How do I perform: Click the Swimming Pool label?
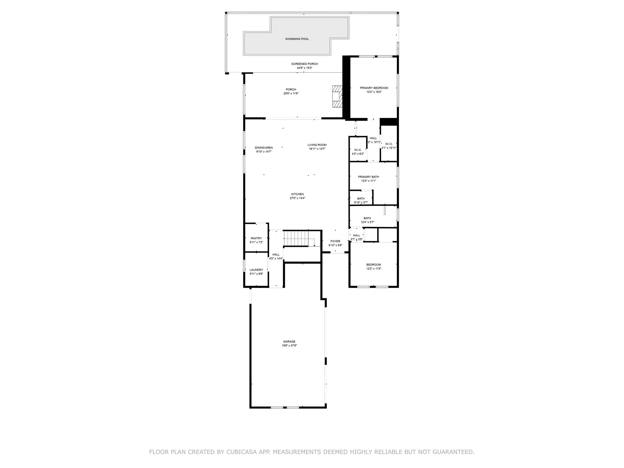(x=297, y=39)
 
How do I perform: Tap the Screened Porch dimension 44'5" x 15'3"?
(x=304, y=68)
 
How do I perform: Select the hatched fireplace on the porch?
(x=337, y=96)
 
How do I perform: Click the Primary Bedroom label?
(x=374, y=88)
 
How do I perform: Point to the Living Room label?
(x=317, y=145)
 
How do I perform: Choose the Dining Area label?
(x=264, y=148)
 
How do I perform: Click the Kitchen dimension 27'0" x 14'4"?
(x=297, y=198)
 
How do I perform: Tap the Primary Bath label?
(x=368, y=177)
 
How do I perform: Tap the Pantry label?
(x=256, y=239)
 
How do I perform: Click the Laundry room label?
(x=256, y=270)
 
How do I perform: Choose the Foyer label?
(x=335, y=242)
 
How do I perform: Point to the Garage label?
(x=289, y=342)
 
